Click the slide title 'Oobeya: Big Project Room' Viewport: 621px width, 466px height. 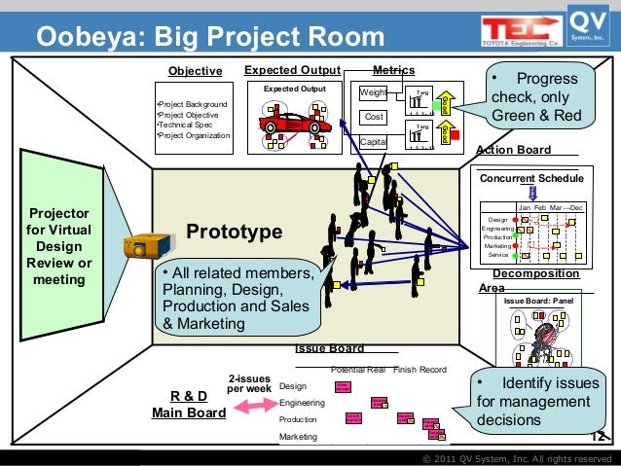210,37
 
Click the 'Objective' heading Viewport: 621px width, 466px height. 195,71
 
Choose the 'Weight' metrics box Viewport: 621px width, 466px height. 373,93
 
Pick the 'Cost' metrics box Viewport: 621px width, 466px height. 373,117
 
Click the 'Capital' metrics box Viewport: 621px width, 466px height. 373,142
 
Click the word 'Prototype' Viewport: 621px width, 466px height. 234,233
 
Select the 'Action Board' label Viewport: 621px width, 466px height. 513,150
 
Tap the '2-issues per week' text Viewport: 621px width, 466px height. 248,383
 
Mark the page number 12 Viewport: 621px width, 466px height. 599,437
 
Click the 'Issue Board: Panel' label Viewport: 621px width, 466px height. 537,302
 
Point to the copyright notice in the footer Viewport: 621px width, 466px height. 516,458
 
